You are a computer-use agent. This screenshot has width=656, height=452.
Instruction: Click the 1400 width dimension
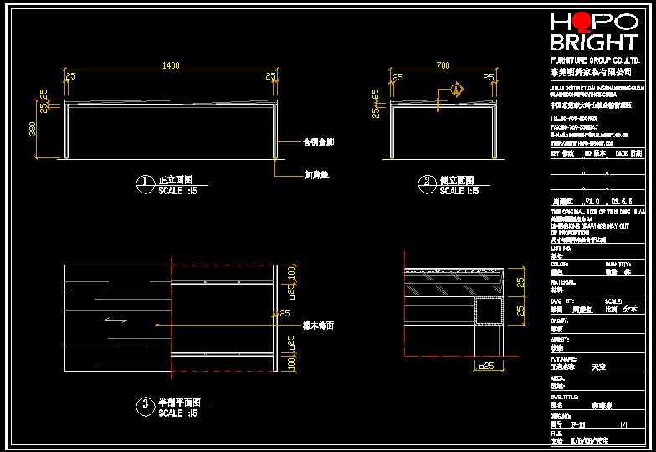pyautogui.click(x=171, y=66)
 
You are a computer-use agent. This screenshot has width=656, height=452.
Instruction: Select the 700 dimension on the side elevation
pyautogui.click(x=443, y=66)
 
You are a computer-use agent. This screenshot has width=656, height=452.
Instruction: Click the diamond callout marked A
pyautogui.click(x=456, y=88)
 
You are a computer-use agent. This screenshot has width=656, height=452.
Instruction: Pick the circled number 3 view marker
pyautogui.click(x=145, y=404)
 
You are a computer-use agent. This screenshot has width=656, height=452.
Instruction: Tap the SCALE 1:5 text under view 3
pyautogui.click(x=177, y=413)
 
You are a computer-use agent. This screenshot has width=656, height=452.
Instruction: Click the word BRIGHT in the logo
pyautogui.click(x=593, y=44)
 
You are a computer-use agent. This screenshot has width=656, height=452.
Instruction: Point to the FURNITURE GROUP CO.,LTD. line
pyautogui.click(x=595, y=62)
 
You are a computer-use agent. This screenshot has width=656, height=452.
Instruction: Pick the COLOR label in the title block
pyautogui.click(x=559, y=264)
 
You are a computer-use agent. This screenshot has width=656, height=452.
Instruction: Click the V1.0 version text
pyautogui.click(x=592, y=202)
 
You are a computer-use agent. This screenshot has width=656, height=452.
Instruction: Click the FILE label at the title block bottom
pyautogui.click(x=556, y=433)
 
